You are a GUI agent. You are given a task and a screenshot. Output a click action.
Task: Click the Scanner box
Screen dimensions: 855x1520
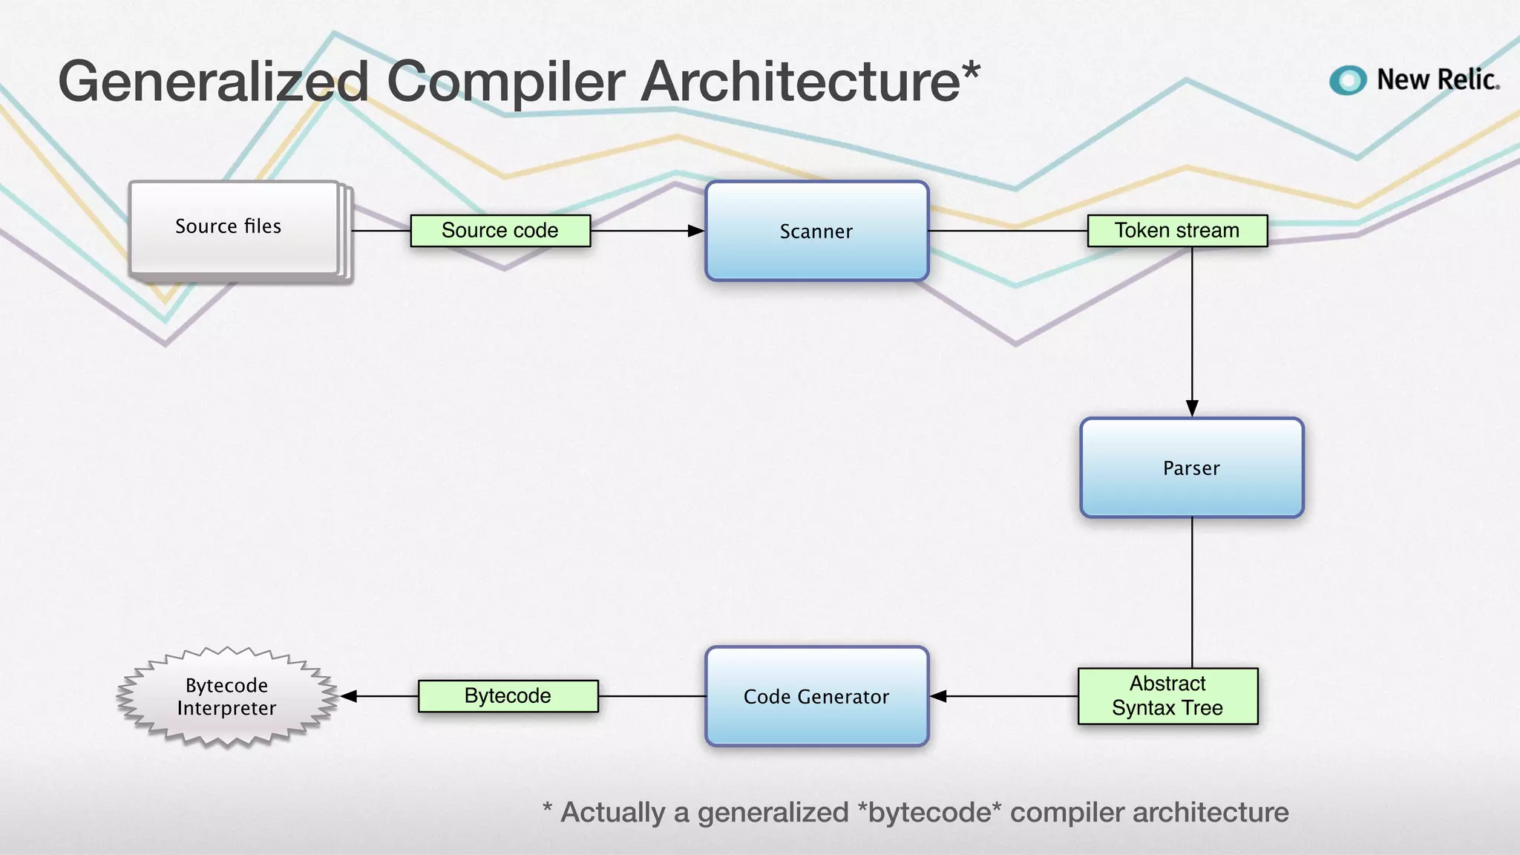click(x=816, y=231)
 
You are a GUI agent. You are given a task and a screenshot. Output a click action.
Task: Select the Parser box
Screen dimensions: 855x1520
click(x=1191, y=468)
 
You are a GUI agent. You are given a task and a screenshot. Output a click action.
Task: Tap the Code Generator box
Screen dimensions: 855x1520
click(x=816, y=696)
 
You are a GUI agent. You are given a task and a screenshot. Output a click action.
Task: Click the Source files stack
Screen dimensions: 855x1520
click(x=235, y=228)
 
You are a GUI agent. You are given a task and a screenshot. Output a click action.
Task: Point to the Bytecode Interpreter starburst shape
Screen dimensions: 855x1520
click(x=227, y=696)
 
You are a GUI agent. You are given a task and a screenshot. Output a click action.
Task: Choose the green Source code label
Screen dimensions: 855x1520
click(x=500, y=231)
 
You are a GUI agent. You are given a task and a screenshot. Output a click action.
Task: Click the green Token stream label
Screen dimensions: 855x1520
click(x=1177, y=231)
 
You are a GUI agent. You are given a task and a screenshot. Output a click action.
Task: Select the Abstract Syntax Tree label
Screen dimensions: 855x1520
click(x=1167, y=696)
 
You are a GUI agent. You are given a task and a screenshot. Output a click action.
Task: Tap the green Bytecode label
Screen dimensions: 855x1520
click(x=508, y=696)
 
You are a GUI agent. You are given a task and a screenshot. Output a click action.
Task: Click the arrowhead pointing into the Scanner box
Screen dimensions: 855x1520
click(x=696, y=231)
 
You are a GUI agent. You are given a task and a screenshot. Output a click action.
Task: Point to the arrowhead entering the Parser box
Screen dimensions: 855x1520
click(x=1192, y=408)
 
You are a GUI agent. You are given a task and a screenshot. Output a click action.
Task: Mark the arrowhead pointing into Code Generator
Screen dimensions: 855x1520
click(x=939, y=696)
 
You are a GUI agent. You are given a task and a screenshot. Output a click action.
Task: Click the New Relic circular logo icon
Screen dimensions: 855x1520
click(x=1348, y=80)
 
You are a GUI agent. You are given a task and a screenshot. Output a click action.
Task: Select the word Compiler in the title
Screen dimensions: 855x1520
click(x=505, y=82)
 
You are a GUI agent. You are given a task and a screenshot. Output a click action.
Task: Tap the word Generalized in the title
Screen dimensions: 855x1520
click(x=213, y=82)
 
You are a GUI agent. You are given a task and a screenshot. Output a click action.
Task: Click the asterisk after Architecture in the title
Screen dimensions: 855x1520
click(x=971, y=71)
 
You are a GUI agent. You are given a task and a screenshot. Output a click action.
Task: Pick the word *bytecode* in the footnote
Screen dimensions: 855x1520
click(x=928, y=812)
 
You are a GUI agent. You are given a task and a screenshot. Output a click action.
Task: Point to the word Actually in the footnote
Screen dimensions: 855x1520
click(x=612, y=812)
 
